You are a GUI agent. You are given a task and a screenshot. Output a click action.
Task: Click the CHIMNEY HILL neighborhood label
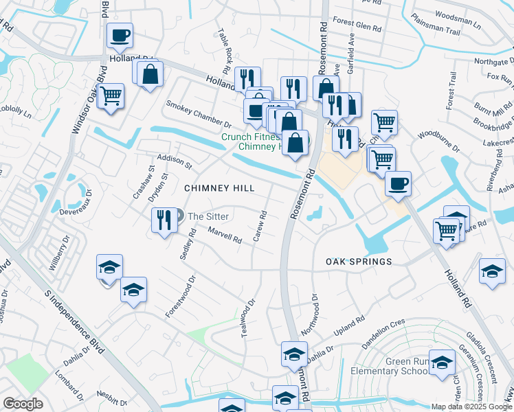[219, 188]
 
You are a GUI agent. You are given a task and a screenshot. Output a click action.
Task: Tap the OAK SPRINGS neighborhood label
[359, 262]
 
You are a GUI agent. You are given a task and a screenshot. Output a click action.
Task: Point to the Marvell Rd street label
[225, 236]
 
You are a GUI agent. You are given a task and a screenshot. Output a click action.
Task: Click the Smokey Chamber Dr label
[199, 114]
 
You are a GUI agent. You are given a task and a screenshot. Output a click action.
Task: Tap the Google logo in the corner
[23, 404]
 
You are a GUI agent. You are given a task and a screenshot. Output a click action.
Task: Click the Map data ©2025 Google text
[471, 407]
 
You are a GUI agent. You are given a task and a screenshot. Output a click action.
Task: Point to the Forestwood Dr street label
[181, 297]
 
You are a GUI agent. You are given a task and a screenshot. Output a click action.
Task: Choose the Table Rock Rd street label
[223, 51]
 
